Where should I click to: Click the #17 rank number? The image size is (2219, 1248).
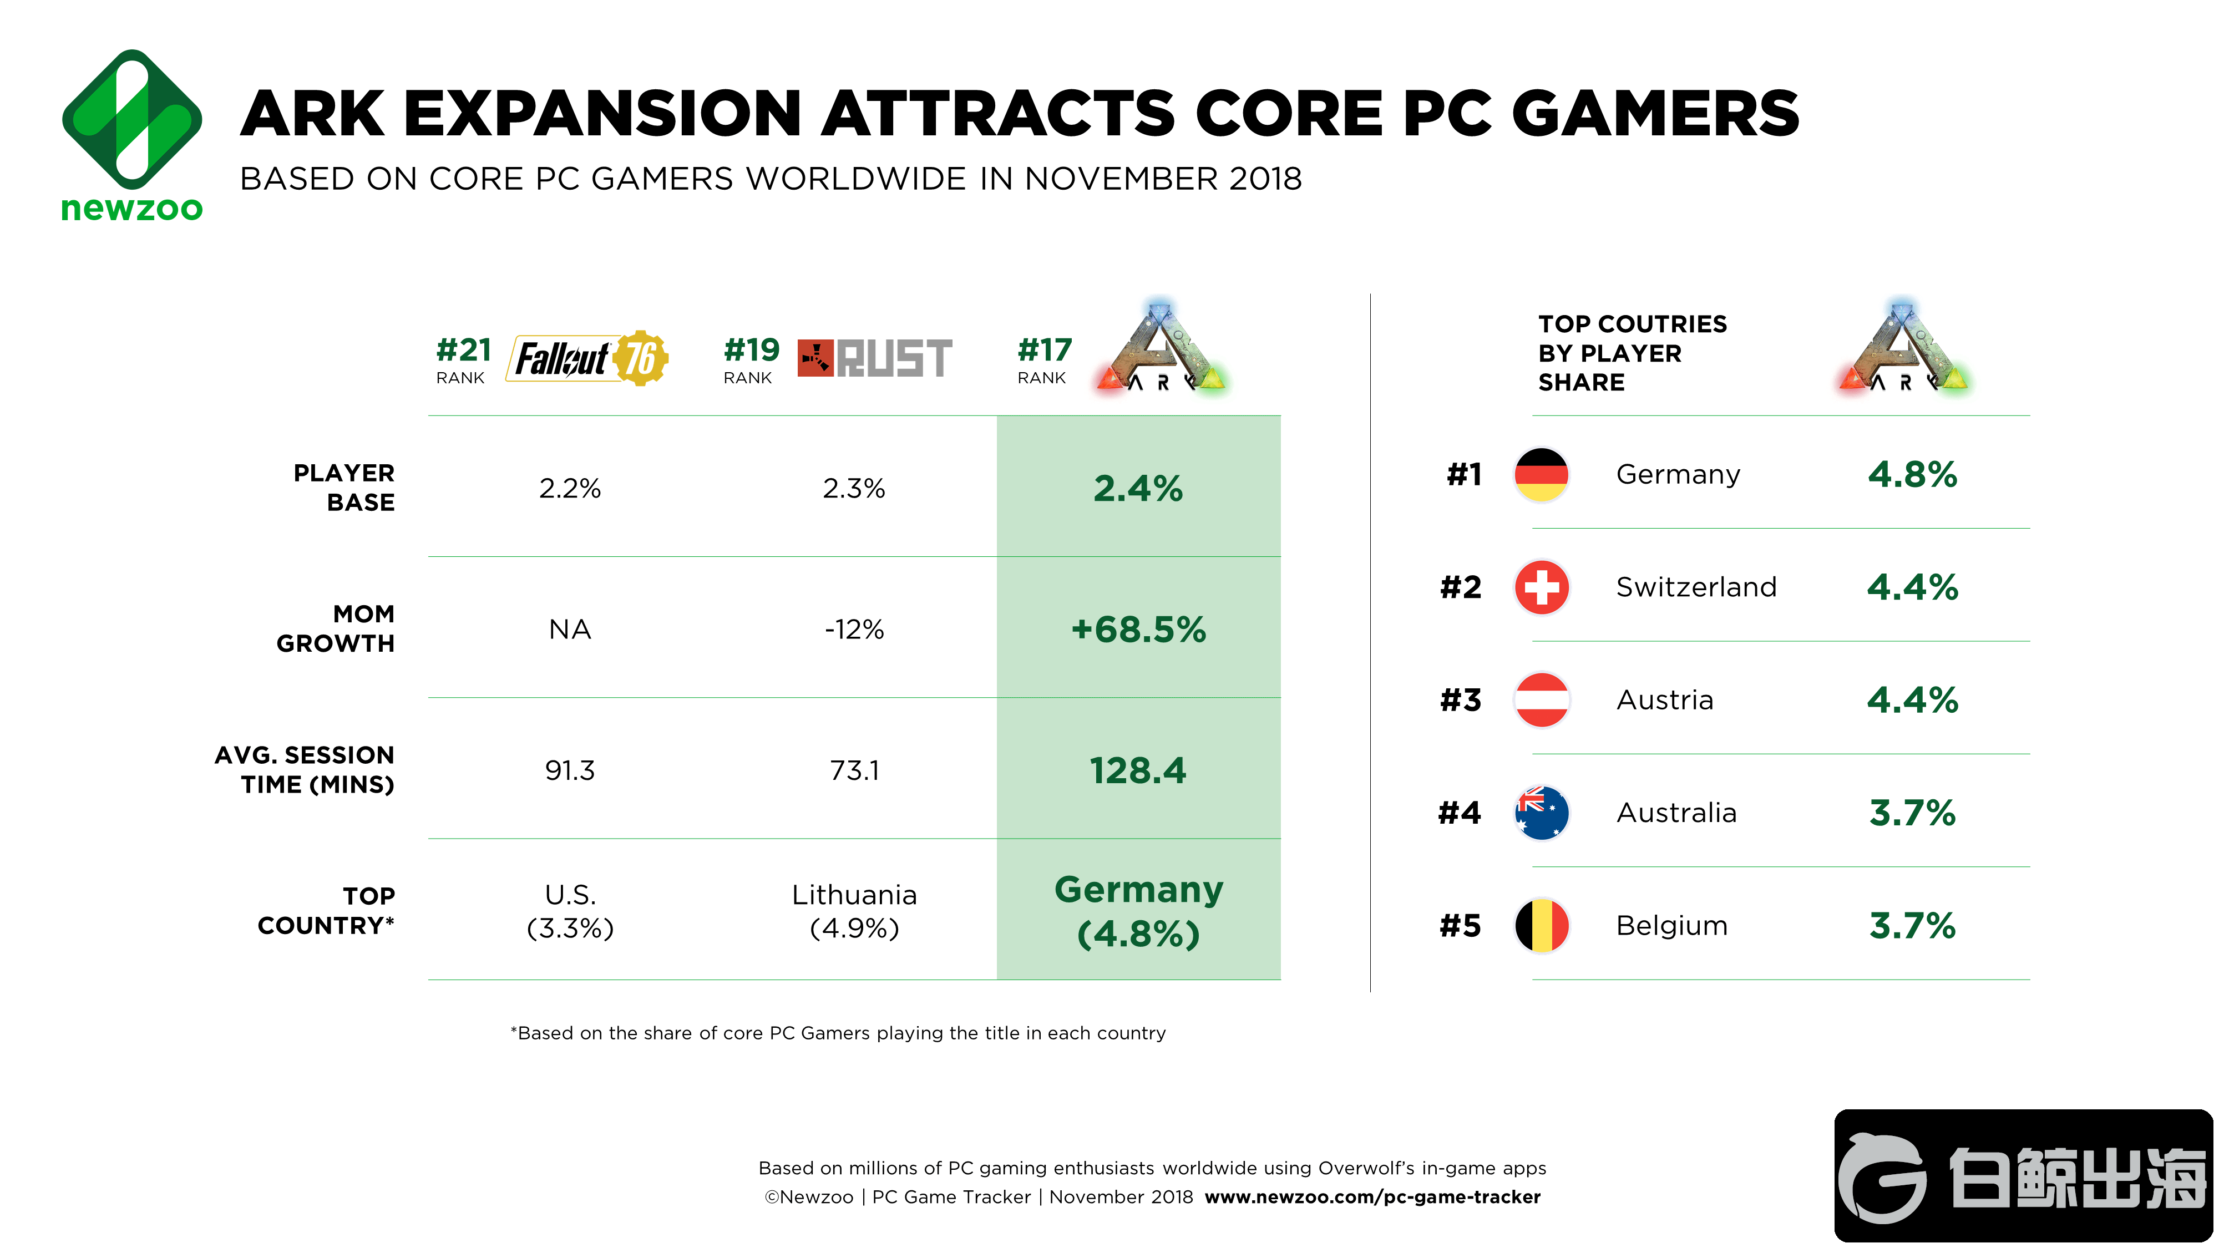pos(1044,349)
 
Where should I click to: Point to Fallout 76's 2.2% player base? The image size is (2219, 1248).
pos(569,488)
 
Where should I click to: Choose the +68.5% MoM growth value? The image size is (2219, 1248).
pos(1138,630)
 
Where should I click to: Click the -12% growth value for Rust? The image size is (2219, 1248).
pos(854,630)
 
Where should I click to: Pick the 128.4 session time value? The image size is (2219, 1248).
pos(1138,770)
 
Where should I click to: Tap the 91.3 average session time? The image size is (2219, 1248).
pos(569,770)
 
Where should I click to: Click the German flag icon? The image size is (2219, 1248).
pos(1541,475)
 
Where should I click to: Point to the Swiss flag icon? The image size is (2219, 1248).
pos(1541,587)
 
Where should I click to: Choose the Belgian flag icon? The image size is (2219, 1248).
pos(1541,926)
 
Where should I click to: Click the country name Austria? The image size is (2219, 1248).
pos(1664,700)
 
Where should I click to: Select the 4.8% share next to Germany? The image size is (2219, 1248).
pos(1912,475)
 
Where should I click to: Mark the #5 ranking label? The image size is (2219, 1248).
pos(1460,926)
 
